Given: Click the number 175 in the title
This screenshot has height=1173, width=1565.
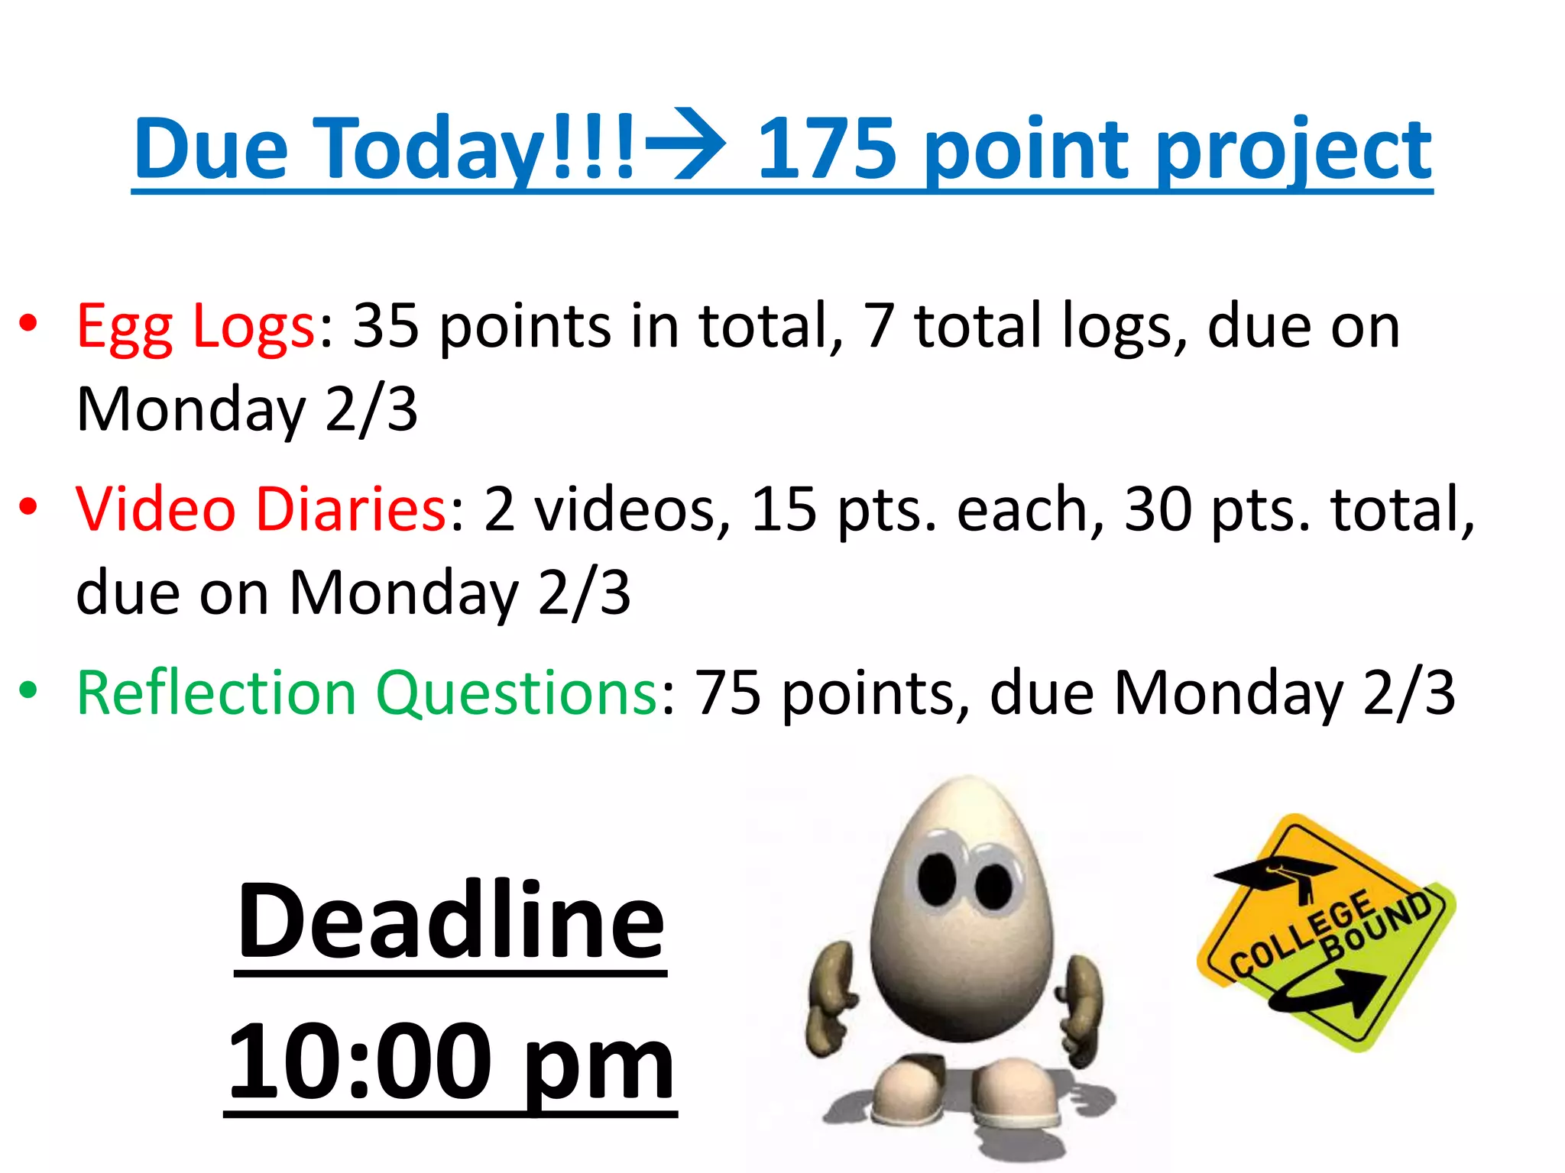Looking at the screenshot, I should [827, 148].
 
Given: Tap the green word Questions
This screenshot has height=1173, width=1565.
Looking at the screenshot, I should [517, 693].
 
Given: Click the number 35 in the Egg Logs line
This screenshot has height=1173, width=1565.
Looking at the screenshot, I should [386, 325].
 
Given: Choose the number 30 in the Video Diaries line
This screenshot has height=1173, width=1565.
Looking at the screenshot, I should [1158, 509].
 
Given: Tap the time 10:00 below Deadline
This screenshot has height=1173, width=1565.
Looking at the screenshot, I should [359, 1062].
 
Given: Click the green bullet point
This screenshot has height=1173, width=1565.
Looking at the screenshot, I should [28, 691].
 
